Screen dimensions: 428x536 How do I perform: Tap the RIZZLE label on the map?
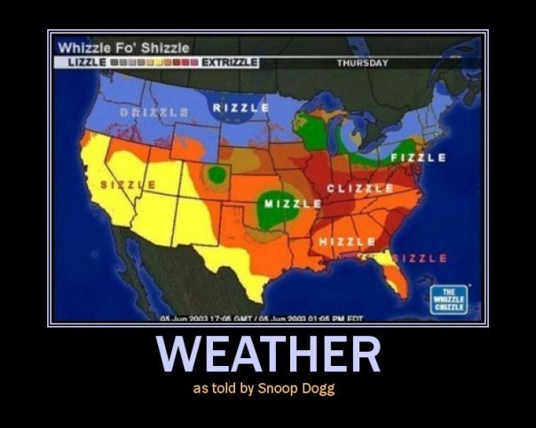coord(240,107)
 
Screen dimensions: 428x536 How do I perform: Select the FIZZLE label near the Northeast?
coord(417,158)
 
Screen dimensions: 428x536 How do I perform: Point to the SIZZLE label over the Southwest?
coord(129,183)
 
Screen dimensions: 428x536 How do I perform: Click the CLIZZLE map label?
coord(360,189)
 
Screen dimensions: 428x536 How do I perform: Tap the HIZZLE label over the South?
coord(346,242)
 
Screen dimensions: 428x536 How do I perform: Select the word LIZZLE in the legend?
coord(86,63)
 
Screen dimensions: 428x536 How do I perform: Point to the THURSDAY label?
coord(363,63)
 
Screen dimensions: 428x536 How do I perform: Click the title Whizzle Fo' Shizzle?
coord(123,47)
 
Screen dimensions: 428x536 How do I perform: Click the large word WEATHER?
coord(268,355)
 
